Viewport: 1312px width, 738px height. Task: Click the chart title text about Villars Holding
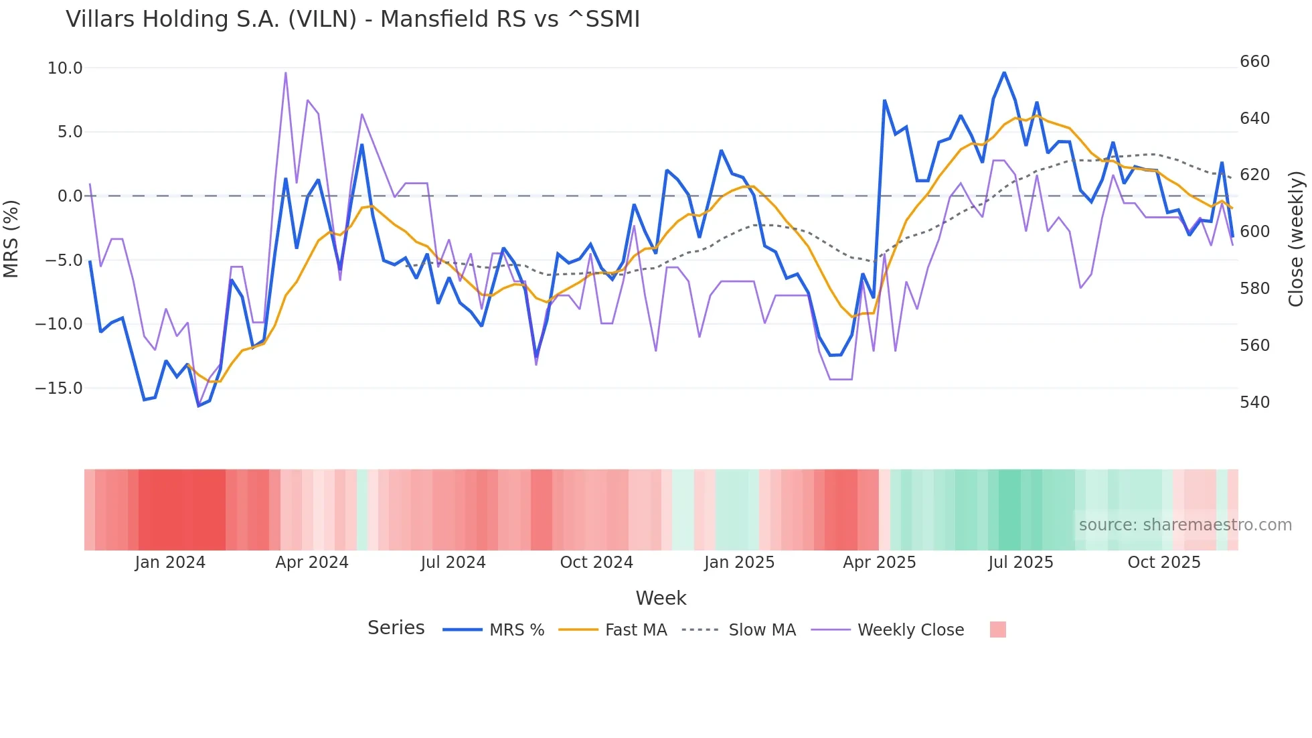[x=353, y=19]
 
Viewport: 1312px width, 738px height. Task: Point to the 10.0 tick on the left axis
[x=65, y=68]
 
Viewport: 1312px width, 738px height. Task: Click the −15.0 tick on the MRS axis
[x=59, y=388]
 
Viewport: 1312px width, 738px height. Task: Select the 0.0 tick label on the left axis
[x=70, y=196]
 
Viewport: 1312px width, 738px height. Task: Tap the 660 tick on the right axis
[x=1254, y=62]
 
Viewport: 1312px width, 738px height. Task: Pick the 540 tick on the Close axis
[x=1254, y=402]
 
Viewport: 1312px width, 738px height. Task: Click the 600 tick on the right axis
[x=1254, y=232]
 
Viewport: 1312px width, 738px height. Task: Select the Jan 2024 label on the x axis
[x=170, y=563]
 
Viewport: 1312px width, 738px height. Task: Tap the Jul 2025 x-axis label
[x=1020, y=563]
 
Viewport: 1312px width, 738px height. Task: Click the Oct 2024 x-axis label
[x=596, y=563]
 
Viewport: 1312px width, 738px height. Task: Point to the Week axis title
[x=661, y=598]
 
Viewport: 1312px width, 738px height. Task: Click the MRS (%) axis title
[x=11, y=238]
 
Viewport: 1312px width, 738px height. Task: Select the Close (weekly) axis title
[x=1297, y=239]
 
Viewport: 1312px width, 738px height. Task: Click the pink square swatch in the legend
[x=997, y=630]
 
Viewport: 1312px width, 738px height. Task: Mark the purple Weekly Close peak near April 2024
[x=286, y=73]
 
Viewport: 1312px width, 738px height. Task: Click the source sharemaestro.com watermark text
[x=1185, y=525]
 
